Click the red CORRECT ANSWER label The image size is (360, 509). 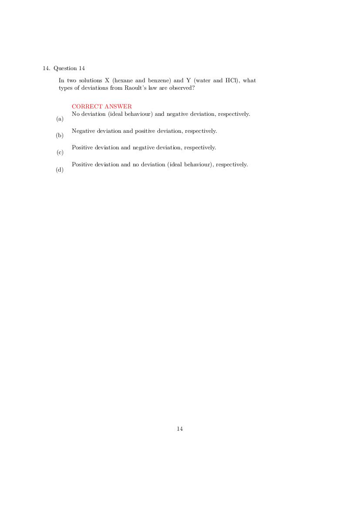101,107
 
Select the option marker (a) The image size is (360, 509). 60,119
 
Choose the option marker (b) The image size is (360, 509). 60,135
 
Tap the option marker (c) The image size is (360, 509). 60,152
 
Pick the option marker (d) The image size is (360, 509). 60,170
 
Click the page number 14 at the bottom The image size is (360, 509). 180,429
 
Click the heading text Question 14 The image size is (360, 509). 69,68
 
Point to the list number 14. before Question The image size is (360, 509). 46,68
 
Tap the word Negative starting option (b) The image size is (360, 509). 83,131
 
